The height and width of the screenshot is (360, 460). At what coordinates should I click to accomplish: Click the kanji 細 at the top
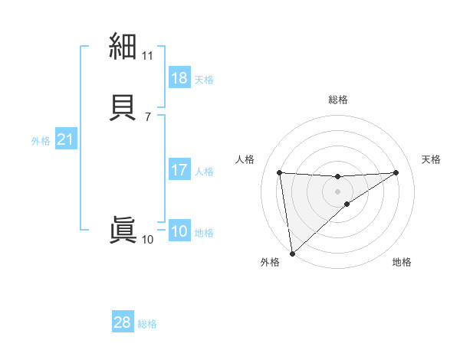tap(123, 47)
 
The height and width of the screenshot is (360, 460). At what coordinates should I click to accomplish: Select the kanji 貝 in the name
tap(123, 107)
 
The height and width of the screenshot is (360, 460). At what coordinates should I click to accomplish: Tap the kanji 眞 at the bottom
tap(123, 230)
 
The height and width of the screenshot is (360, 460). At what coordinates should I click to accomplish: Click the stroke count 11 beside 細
tap(147, 56)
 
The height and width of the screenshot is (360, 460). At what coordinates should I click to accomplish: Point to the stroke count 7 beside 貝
tap(147, 116)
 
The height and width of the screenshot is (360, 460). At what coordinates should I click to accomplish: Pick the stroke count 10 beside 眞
tap(147, 240)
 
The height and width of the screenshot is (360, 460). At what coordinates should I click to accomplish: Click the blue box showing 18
tap(179, 78)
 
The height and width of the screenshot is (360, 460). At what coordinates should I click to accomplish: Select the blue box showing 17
tap(179, 170)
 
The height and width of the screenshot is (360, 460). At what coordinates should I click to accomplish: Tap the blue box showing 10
tap(179, 232)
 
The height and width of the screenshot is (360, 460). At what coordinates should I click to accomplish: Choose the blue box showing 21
tap(65, 140)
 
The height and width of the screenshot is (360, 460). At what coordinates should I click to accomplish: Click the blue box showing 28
tap(123, 322)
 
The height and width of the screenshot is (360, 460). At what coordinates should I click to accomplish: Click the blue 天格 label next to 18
tap(204, 79)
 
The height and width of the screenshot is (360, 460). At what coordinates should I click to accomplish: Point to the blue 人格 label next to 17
tap(204, 172)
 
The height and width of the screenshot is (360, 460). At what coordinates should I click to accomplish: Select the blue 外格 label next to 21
tap(41, 141)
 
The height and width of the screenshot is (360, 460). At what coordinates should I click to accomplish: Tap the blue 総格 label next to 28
tap(147, 324)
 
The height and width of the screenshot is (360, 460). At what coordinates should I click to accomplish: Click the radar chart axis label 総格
tap(337, 100)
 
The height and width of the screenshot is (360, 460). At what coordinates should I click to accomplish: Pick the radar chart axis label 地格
tap(402, 262)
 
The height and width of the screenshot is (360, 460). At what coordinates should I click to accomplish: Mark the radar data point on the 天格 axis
tap(396, 172)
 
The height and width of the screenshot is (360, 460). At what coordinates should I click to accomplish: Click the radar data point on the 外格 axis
tap(291, 253)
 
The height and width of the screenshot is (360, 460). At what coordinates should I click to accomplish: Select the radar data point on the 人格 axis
tap(279, 172)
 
